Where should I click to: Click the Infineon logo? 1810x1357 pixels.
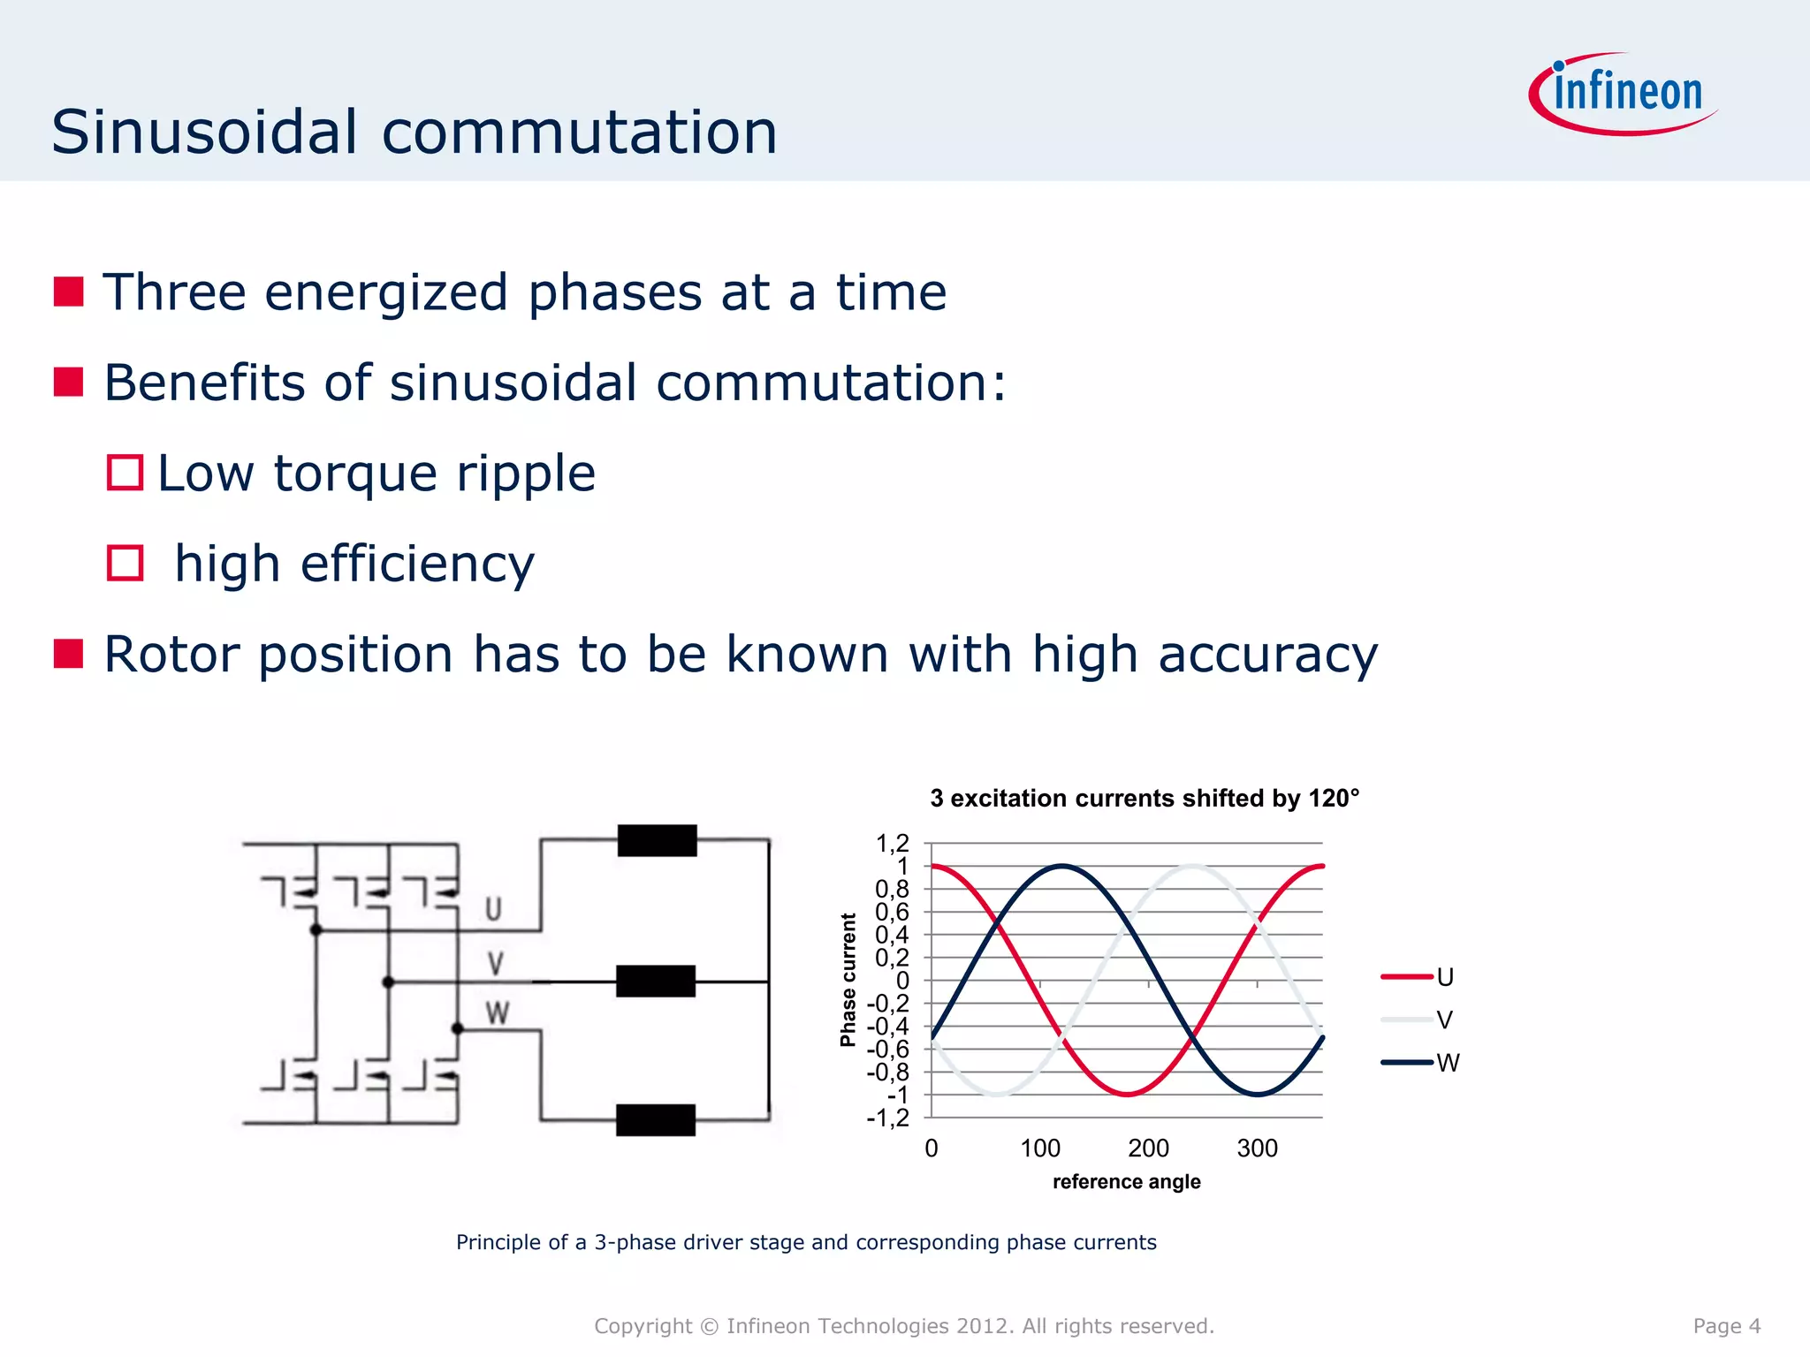1624,94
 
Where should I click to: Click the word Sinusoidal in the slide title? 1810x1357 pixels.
204,133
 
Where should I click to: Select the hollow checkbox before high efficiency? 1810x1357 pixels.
125,563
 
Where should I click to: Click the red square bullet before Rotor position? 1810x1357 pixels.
69,654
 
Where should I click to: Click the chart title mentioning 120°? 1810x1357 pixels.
1144,799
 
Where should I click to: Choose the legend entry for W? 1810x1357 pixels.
1419,1063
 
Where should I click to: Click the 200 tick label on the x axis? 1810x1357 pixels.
1148,1149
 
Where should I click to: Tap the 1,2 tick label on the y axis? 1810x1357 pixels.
892,844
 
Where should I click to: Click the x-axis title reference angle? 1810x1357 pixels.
1126,1182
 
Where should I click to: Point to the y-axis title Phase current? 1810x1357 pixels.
848,980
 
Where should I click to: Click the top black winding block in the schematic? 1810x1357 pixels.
657,840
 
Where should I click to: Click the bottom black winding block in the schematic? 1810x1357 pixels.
655,1120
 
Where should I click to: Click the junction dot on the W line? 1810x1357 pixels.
457,1028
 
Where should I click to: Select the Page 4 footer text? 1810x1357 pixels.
1726,1326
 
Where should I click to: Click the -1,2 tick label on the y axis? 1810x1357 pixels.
887,1118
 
